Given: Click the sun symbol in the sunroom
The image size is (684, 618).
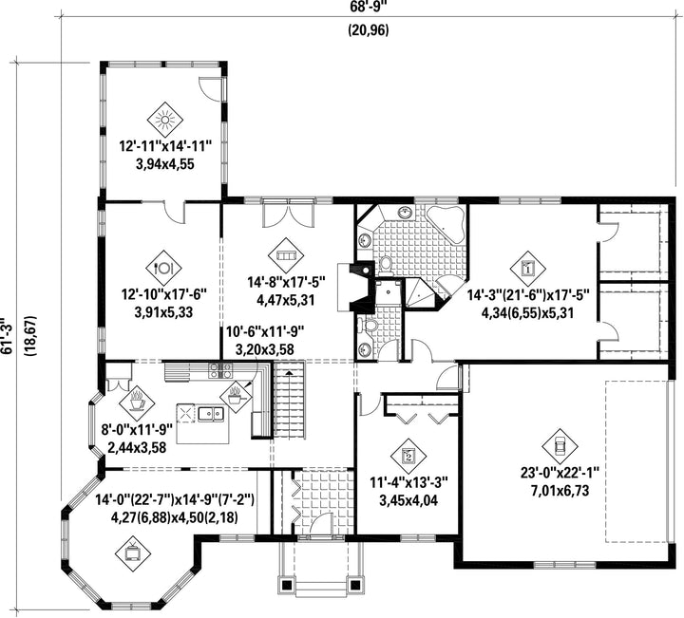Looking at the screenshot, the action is (x=165, y=120).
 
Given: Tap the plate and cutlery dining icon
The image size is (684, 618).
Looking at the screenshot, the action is (x=163, y=268).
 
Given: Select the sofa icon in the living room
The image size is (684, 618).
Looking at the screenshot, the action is (x=286, y=255).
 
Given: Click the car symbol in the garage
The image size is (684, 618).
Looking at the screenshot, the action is (x=560, y=446).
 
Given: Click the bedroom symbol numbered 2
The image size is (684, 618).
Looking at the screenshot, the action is (x=408, y=456).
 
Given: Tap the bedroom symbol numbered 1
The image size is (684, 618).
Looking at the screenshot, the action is (x=528, y=269).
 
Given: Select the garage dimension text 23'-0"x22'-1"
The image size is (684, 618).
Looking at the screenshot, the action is (x=560, y=472).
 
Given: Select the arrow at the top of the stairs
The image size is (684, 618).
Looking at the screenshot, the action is (x=289, y=373).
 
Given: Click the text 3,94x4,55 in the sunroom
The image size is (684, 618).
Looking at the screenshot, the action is (x=165, y=165).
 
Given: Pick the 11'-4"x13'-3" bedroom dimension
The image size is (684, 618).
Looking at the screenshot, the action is (x=408, y=482).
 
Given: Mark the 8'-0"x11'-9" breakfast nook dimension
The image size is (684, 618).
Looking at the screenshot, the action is (x=138, y=430).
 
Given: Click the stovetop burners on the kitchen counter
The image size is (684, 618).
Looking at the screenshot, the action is (x=220, y=370).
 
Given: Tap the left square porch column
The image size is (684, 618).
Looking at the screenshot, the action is (x=287, y=584).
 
